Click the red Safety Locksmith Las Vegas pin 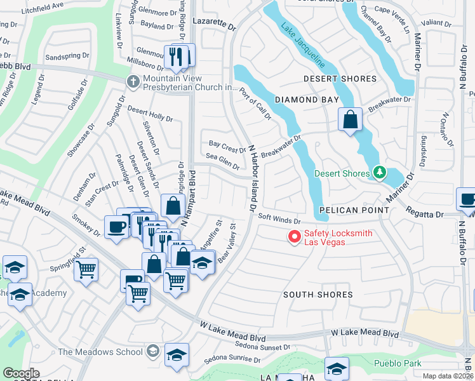pos(294,237)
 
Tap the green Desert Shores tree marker pos(380,173)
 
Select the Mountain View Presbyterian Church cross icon pos(133,81)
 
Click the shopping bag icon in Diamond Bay pos(350,119)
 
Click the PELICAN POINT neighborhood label pos(354,210)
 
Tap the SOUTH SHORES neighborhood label pos(318,295)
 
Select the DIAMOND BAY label pos(305,100)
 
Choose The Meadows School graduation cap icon pos(153,351)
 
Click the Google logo pos(21,373)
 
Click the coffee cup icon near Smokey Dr pos(117,226)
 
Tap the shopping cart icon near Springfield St pos(86,269)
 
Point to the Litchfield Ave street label pos(42,5)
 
